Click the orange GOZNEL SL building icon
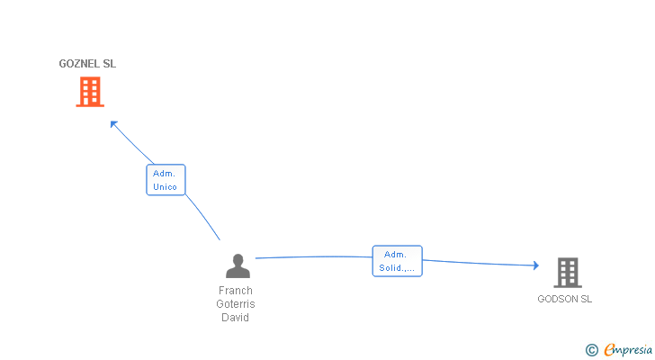pyautogui.click(x=90, y=92)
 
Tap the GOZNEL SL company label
pyautogui.click(x=87, y=64)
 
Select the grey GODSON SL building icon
pyautogui.click(x=567, y=272)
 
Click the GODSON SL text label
pyautogui.click(x=565, y=299)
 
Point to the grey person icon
pyautogui.click(x=238, y=266)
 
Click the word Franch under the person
pyautogui.click(x=236, y=291)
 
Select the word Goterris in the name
pyautogui.click(x=236, y=304)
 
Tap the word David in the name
pyautogui.click(x=236, y=318)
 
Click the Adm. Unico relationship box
pyautogui.click(x=166, y=180)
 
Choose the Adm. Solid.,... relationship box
pyautogui.click(x=398, y=261)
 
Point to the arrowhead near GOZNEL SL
pyautogui.click(x=113, y=124)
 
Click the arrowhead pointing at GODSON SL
pyautogui.click(x=534, y=265)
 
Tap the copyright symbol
pyautogui.click(x=592, y=350)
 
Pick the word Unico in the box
pyautogui.click(x=166, y=187)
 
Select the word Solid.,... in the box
pyautogui.click(x=398, y=268)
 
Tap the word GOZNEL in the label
pyautogui.click(x=78, y=64)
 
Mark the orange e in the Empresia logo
pyautogui.click(x=609, y=350)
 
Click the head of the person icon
pyautogui.click(x=238, y=260)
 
